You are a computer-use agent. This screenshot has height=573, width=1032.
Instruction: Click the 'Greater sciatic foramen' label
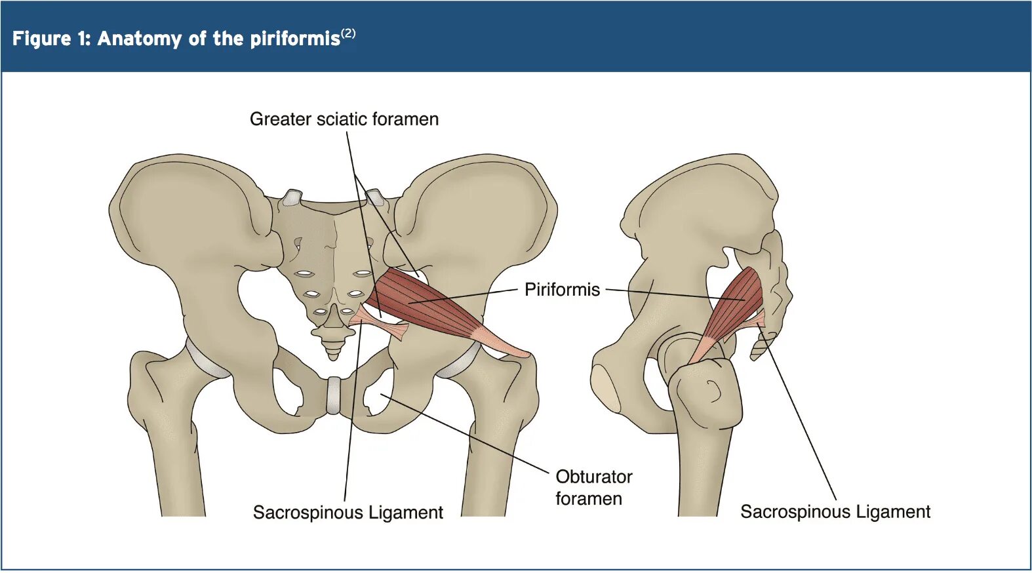(x=344, y=119)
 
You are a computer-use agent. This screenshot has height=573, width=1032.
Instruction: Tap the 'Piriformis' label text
(x=562, y=290)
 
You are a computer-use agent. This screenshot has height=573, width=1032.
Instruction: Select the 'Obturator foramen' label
(x=593, y=487)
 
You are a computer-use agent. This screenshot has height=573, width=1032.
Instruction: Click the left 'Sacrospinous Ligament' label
(x=347, y=512)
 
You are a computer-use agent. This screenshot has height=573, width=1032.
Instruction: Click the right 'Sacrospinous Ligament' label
(x=835, y=511)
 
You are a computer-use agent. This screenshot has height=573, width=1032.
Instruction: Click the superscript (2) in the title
(x=348, y=33)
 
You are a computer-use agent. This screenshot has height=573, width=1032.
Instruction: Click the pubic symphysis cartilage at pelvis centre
(x=334, y=395)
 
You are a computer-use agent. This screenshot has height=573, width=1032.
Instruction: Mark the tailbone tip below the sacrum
(x=334, y=354)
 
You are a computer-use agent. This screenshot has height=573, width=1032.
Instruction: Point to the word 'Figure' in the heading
(x=41, y=39)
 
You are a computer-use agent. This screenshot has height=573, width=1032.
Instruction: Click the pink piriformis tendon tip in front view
(x=521, y=352)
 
